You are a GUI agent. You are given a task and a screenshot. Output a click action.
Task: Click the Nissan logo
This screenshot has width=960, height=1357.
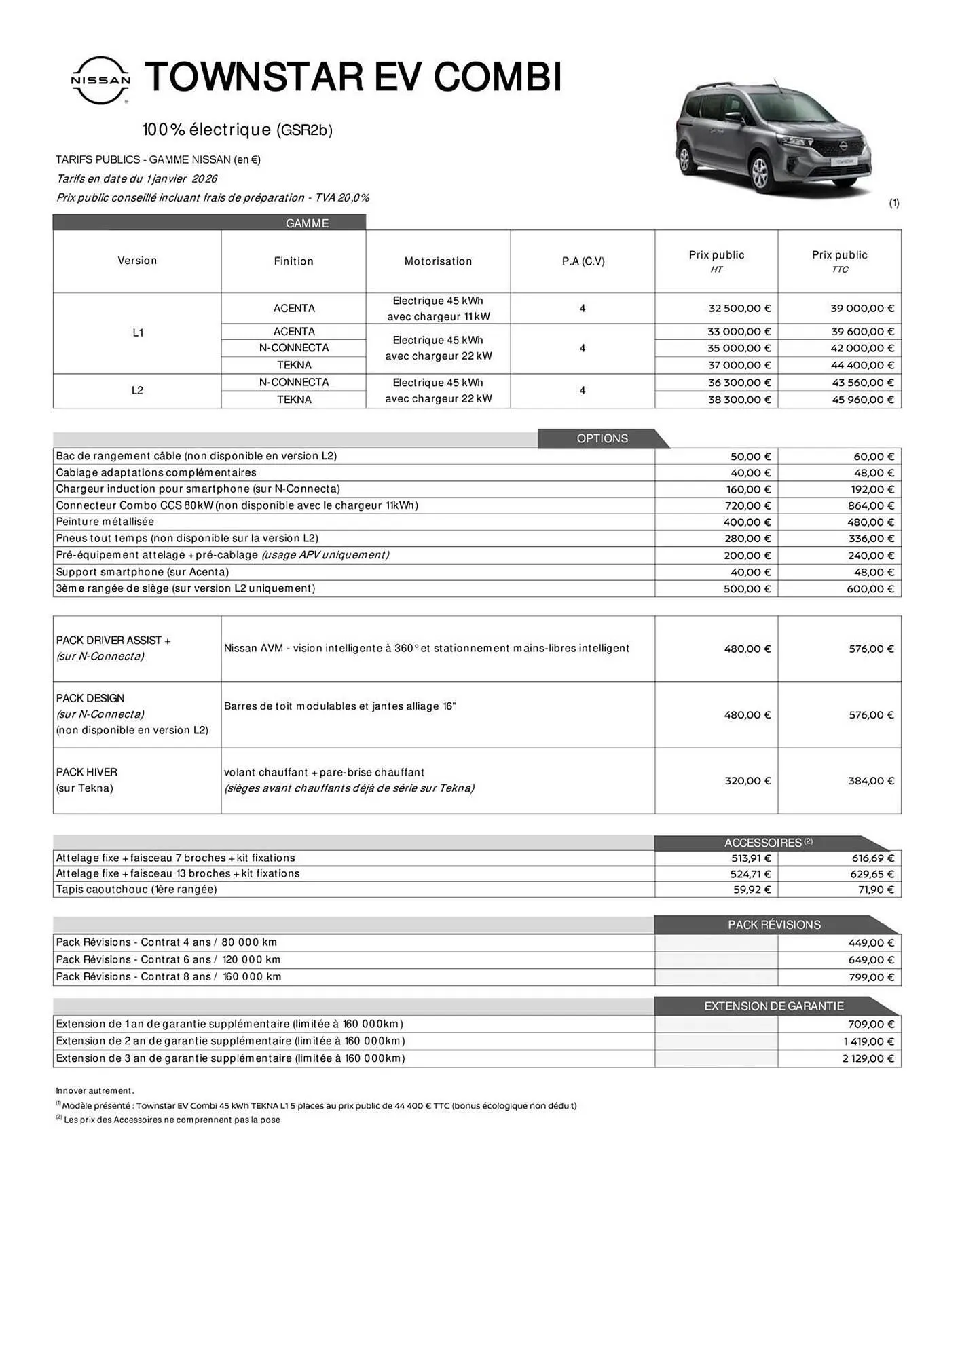[101, 80]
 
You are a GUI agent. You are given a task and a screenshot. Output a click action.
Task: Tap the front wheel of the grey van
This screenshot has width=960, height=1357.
[761, 174]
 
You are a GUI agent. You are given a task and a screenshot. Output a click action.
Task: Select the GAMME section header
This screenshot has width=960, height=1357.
[307, 223]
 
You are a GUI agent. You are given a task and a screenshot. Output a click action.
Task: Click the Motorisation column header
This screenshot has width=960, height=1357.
[438, 261]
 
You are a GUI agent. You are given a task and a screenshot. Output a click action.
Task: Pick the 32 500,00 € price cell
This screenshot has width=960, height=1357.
[739, 308]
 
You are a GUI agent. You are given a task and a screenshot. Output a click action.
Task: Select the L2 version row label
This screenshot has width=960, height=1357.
[137, 390]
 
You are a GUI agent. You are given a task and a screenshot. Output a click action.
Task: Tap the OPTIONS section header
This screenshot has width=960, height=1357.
[602, 438]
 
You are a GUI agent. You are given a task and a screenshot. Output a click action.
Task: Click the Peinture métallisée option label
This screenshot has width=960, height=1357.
[105, 522]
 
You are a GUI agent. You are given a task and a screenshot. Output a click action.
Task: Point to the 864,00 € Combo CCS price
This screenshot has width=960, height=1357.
[870, 505]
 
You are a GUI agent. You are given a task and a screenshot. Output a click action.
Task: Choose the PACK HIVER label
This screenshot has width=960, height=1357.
[87, 772]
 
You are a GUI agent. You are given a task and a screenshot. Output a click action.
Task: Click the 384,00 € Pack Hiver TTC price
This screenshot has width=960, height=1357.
[870, 781]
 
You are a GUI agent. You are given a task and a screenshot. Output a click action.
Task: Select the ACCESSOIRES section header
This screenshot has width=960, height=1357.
[764, 843]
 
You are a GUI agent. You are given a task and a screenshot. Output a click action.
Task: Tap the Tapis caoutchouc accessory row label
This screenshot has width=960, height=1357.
[136, 890]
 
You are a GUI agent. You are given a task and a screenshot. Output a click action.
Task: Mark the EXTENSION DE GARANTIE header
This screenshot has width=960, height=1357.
[774, 1006]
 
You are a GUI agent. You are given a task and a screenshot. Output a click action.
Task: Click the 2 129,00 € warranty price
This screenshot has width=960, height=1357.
[868, 1058]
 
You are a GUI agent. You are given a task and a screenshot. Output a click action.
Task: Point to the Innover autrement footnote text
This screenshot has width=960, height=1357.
[95, 1091]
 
